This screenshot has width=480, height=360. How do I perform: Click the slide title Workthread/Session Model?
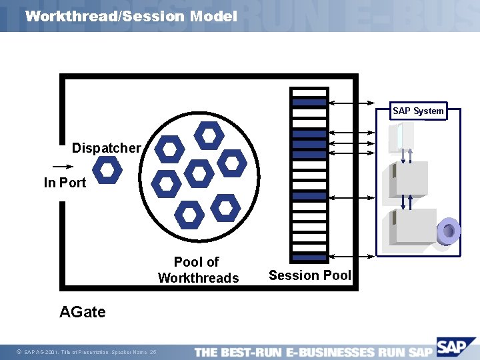[x=131, y=16]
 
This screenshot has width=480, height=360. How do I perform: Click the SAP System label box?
[x=418, y=111]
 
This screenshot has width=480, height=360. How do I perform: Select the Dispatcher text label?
[x=106, y=148]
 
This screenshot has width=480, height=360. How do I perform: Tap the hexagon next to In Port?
[x=107, y=170]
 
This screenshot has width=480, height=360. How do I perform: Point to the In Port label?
[x=65, y=183]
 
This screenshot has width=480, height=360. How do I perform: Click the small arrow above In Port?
[x=61, y=167]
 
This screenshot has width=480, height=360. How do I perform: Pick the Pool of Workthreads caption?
[x=197, y=270]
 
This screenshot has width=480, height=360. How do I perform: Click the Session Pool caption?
[x=309, y=275]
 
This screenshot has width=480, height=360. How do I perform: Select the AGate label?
[x=82, y=311]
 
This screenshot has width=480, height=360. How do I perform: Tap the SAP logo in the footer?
[x=453, y=347]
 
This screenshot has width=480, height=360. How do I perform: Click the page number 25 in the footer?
[x=153, y=352]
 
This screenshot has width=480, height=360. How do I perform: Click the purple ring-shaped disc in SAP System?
[x=448, y=231]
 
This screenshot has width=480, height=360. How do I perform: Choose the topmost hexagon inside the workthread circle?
[x=209, y=136]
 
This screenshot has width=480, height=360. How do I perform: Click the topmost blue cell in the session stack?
[x=309, y=103]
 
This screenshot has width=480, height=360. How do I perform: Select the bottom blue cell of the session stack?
[x=309, y=257]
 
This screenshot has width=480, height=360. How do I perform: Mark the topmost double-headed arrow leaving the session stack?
[x=353, y=103]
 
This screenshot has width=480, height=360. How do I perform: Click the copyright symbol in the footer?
[x=19, y=352]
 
